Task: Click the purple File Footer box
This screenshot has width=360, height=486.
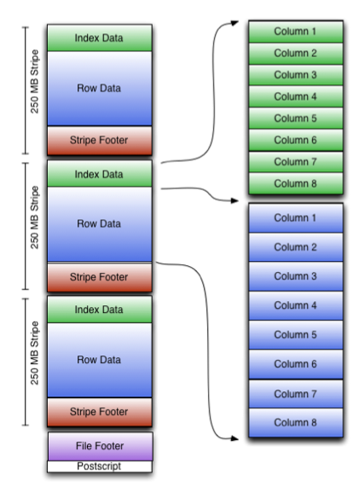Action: coord(100,446)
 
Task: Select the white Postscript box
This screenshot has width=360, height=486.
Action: coord(100,466)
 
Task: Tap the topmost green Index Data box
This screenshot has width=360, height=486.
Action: coord(100,38)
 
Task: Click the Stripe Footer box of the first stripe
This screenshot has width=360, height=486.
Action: coord(100,141)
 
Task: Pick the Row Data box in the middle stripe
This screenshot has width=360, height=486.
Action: coord(100,224)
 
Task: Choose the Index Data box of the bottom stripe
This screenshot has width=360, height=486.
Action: coord(100,310)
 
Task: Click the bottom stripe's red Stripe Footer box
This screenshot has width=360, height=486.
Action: coord(100,412)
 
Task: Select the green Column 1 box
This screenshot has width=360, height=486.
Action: coord(296,32)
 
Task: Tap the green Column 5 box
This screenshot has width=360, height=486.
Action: coord(296,119)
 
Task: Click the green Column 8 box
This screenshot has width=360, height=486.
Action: coord(296,183)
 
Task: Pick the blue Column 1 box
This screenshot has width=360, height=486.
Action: coord(296,218)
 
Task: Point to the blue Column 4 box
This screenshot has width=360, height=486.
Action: coord(296,305)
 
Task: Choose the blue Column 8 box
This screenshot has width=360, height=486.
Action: coord(296,423)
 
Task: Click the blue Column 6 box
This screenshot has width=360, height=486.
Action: coord(296,364)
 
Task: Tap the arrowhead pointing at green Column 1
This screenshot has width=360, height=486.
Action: coord(235,23)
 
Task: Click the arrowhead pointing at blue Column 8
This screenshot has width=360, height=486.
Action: coord(235,438)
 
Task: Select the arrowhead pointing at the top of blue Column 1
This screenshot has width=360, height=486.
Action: coord(235,200)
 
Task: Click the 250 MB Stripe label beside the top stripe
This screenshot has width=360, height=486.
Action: coord(35,82)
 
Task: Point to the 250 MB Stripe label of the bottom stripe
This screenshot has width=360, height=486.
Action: coord(35,353)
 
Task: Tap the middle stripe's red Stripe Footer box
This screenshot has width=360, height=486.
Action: coord(100,277)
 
